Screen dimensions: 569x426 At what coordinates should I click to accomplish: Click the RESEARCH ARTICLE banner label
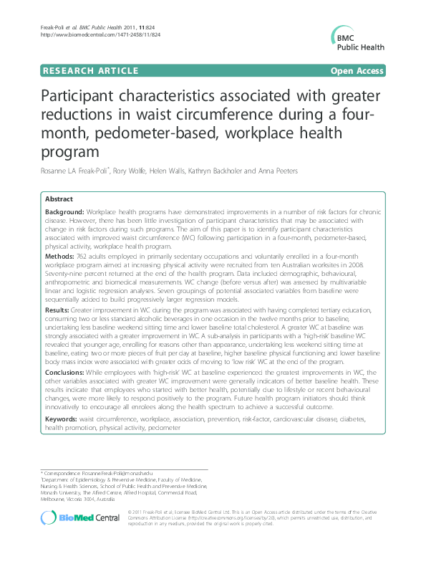click(91, 70)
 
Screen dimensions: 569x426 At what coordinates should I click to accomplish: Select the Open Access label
click(356, 70)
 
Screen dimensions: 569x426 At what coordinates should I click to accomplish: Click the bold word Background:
click(64, 213)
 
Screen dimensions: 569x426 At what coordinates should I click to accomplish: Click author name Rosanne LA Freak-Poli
click(78, 170)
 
